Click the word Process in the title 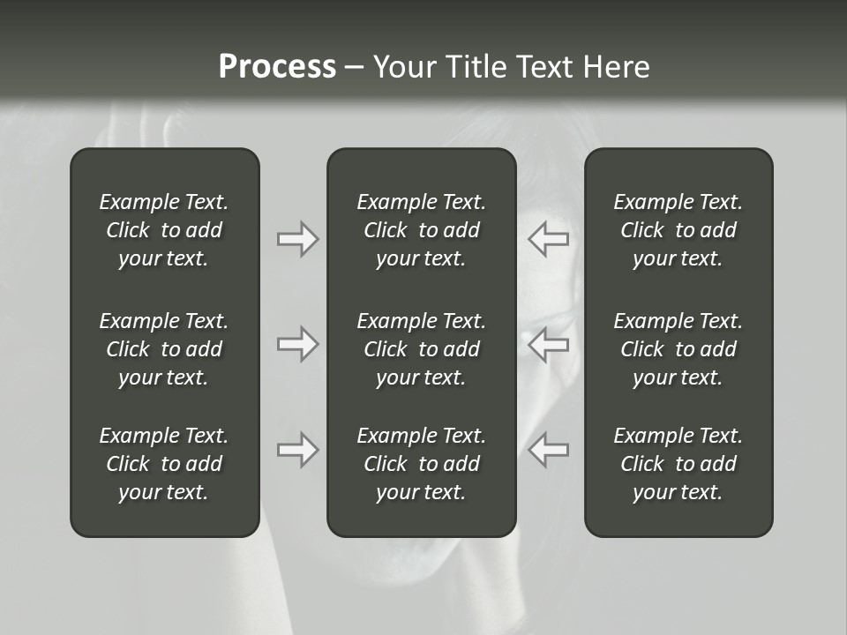[277, 67]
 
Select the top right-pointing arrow [297, 238]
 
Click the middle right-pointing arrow [297, 343]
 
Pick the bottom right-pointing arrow [297, 450]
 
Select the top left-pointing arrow [549, 238]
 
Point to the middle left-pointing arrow [549, 343]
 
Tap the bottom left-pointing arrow [549, 450]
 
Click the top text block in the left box [164, 230]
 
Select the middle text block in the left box [164, 349]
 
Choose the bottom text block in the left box [164, 464]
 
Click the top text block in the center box [422, 230]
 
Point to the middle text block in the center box [422, 349]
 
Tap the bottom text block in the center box [422, 464]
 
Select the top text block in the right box [678, 230]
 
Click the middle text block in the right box [678, 349]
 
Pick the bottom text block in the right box [678, 464]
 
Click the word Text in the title [544, 67]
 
